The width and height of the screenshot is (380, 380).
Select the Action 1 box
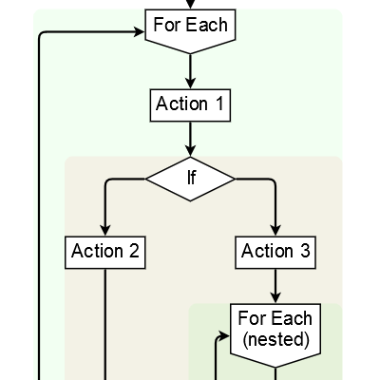pos(190,104)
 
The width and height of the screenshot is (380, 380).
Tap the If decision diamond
pos(190,178)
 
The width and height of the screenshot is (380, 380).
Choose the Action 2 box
pos(105,252)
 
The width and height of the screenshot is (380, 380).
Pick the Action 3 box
pos(275,252)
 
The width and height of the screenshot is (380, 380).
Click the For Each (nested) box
pos(275,328)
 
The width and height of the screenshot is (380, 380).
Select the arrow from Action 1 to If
pos(190,139)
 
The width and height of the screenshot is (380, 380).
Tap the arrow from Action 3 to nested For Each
pos(275,285)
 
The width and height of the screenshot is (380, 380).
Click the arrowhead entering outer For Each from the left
pos(139,31)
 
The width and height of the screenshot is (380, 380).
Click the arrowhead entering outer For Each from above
pos(190,5)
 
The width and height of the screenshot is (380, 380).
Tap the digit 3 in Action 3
pos(304,252)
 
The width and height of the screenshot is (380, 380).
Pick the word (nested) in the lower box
pos(275,339)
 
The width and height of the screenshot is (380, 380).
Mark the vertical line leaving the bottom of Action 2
pos(105,323)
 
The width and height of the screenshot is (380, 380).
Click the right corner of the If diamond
pos(234,178)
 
